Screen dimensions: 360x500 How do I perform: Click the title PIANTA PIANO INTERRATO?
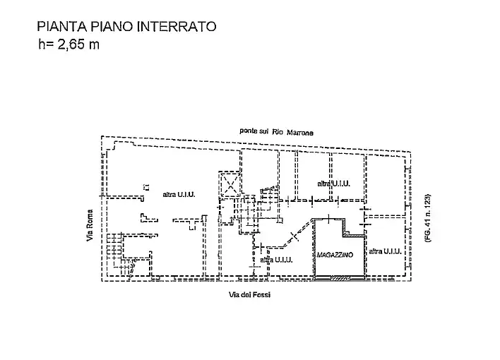[126, 28]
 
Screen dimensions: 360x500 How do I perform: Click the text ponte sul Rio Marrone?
[275, 132]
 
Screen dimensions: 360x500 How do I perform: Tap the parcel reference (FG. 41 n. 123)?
[427, 219]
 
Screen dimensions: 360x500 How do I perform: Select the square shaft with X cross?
[230, 185]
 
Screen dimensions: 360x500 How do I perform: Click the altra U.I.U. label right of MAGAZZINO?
[385, 251]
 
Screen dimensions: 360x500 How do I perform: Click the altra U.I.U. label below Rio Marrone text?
[333, 183]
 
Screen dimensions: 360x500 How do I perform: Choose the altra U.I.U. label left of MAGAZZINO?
[275, 260]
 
